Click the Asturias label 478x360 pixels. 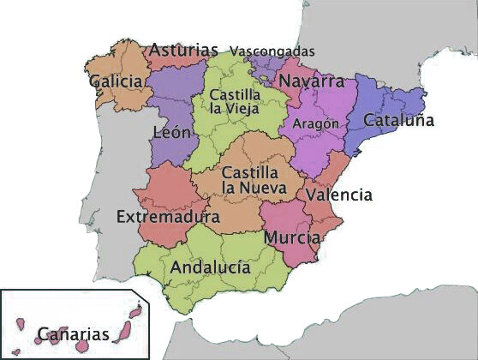tap(183, 51)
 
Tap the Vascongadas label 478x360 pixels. tap(272, 51)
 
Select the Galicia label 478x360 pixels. tap(115, 81)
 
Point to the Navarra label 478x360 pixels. tap(312, 82)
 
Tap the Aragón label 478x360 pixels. tap(316, 123)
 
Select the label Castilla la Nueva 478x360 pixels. tap(248, 178)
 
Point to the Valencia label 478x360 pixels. tap(339, 195)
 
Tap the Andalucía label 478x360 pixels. tap(210, 267)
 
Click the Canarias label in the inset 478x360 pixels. tap(73, 333)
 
